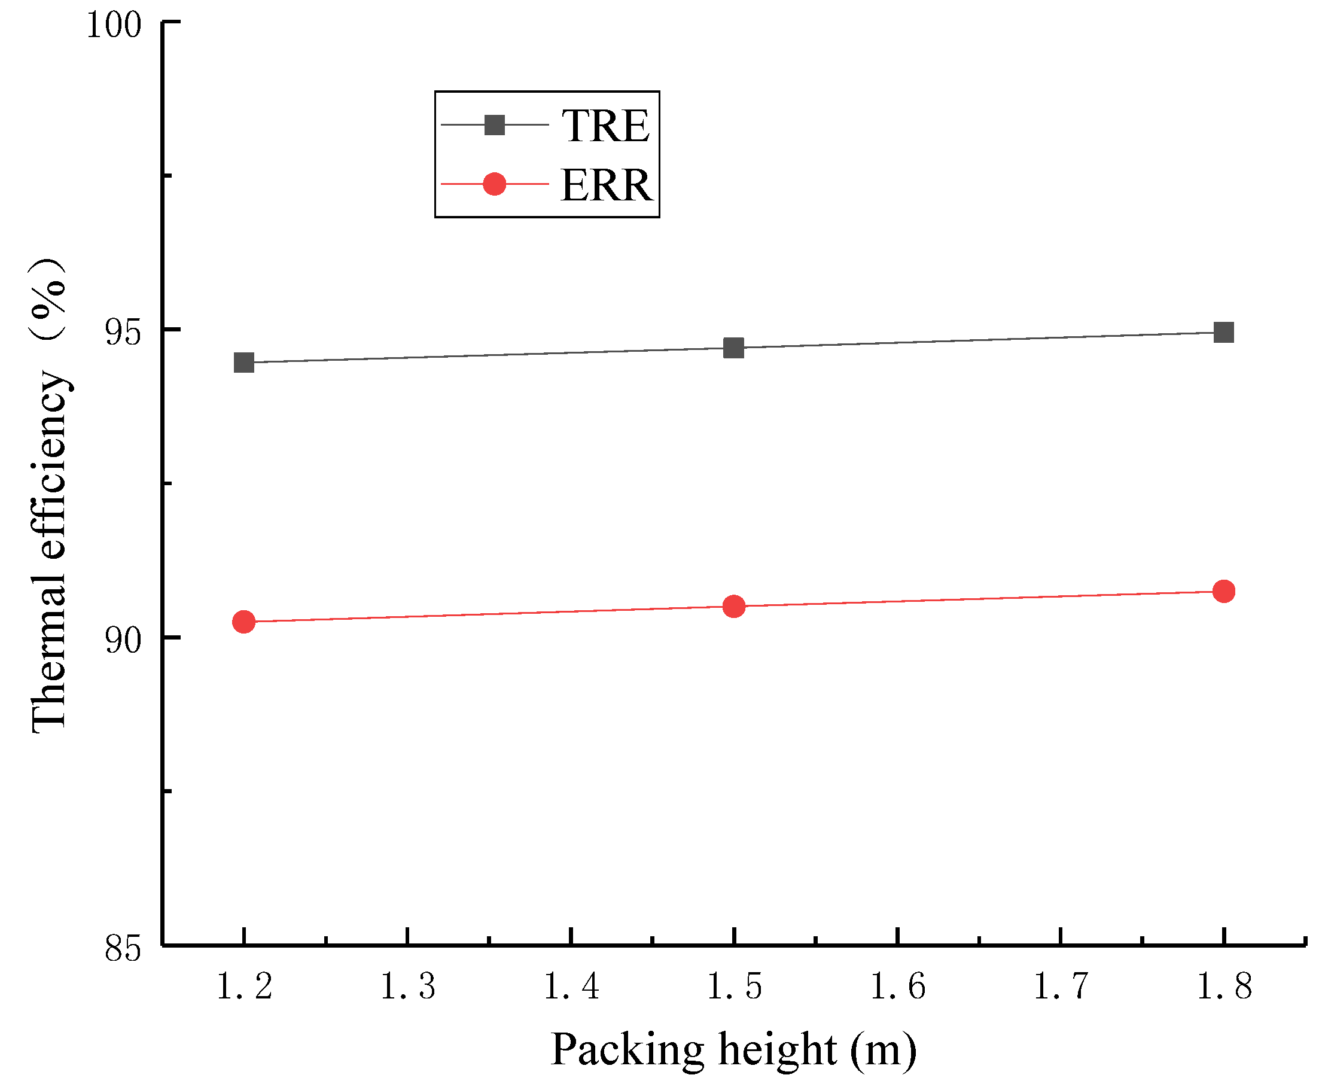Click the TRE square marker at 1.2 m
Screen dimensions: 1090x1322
tap(243, 363)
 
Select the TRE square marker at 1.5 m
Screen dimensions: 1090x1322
tap(733, 347)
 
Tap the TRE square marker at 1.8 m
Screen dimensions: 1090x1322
tap(1223, 332)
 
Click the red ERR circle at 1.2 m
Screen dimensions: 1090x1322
tap(243, 622)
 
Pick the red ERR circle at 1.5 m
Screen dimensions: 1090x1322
tap(733, 606)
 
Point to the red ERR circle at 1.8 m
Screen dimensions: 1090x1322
tap(1223, 591)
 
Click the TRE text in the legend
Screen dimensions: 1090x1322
tap(605, 126)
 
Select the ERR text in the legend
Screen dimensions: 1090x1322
tap(607, 185)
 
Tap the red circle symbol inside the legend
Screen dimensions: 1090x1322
tap(495, 184)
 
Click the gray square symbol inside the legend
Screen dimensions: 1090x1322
tap(495, 125)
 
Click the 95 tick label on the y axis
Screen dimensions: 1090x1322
tap(123, 331)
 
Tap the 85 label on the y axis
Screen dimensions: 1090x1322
tap(123, 948)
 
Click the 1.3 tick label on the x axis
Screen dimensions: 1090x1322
tap(407, 987)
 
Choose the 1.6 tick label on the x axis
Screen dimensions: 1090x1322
tap(897, 987)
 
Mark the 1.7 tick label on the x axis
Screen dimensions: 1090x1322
tap(1060, 987)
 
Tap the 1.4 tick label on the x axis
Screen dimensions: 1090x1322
tap(571, 987)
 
